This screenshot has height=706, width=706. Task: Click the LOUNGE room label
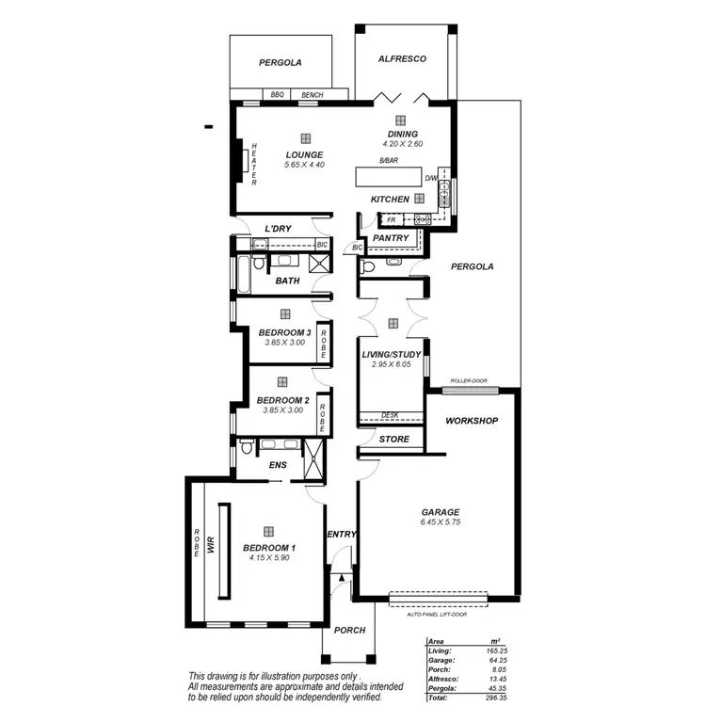click(x=304, y=155)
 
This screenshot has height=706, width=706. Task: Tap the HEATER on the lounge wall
click(x=253, y=163)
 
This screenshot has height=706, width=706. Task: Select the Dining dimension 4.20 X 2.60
click(x=403, y=144)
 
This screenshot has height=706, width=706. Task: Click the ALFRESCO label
click(x=402, y=58)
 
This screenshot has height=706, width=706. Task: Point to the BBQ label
click(x=277, y=95)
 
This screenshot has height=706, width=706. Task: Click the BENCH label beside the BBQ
click(x=313, y=95)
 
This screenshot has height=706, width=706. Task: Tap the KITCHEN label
click(x=390, y=200)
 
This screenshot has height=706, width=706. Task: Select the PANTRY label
click(x=391, y=238)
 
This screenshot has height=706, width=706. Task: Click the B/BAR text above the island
click(x=388, y=162)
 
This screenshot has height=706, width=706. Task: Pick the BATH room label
click(x=287, y=281)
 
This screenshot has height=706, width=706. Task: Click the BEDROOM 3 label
click(x=284, y=333)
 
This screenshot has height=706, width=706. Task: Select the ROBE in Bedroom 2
click(x=322, y=412)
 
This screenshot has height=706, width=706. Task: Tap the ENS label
click(x=278, y=465)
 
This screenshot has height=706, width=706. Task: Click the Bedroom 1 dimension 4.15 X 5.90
click(x=268, y=558)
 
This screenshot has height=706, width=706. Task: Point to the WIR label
click(x=212, y=544)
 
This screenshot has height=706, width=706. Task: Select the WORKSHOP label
click(x=472, y=421)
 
